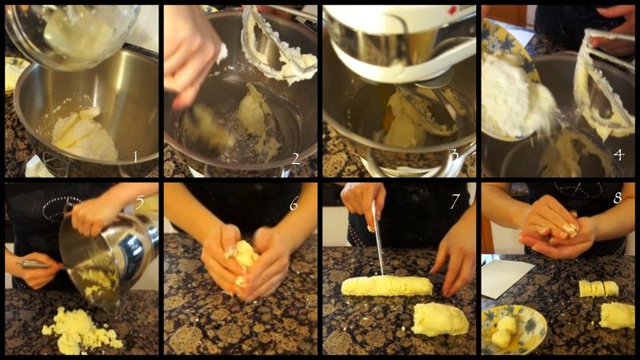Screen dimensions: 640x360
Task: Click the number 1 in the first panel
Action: pos(135,157)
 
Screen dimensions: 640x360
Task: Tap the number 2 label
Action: pos(296,158)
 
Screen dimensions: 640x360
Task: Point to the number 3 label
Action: pos(454,155)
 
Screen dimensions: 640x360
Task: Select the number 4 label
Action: pos(618,154)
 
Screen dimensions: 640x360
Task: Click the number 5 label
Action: pos(140,202)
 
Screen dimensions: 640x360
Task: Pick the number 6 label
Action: pos(294,203)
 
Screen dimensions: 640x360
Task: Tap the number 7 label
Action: pos(455,201)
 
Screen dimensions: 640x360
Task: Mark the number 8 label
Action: pos(617,198)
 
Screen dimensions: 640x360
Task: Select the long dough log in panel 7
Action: pos(386,286)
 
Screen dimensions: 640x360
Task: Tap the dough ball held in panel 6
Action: pos(244,255)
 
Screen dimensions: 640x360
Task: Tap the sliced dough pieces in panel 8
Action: pos(598,289)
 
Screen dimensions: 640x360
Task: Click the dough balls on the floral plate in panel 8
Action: pos(504,331)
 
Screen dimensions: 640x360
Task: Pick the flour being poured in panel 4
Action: pos(516,98)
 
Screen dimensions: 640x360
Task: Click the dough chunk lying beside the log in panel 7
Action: pos(440,319)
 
